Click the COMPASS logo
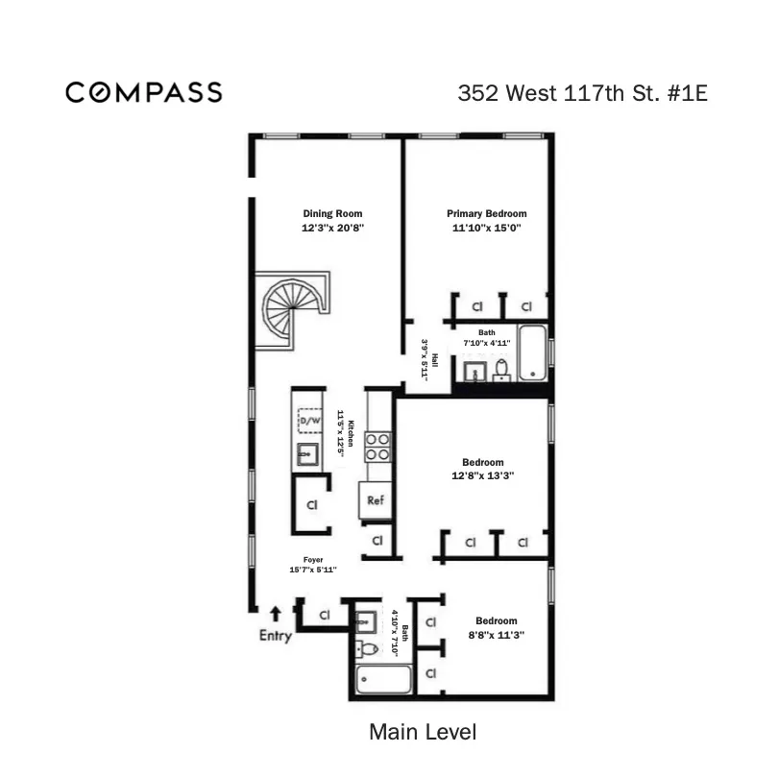(144, 92)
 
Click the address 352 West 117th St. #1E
(583, 93)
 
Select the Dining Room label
(332, 213)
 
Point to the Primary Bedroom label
(486, 213)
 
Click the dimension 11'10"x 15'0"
(486, 229)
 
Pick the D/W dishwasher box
(310, 421)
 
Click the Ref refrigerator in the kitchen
(376, 500)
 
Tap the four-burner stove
(377, 447)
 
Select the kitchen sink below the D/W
(309, 454)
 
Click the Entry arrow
(276, 612)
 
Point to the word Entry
(276, 636)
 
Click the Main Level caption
(423, 732)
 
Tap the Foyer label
(313, 559)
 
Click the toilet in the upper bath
(501, 369)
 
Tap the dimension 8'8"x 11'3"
(497, 635)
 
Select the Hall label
(434, 358)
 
